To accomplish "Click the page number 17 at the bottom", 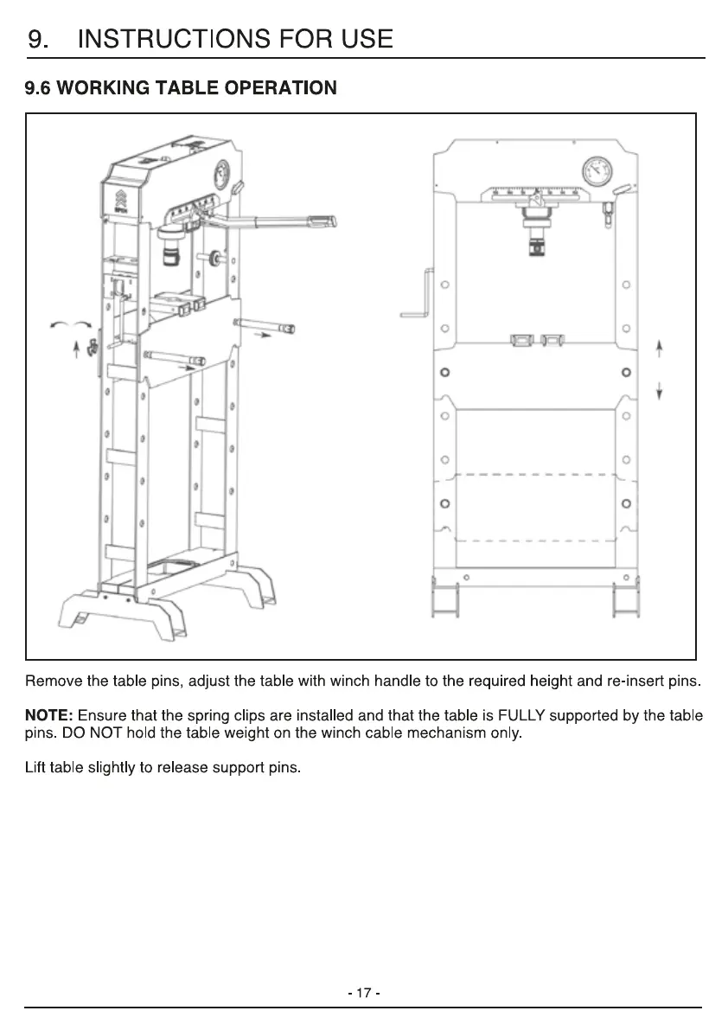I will [363, 993].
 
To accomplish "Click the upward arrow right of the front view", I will [659, 349].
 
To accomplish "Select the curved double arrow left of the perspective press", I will [70, 324].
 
